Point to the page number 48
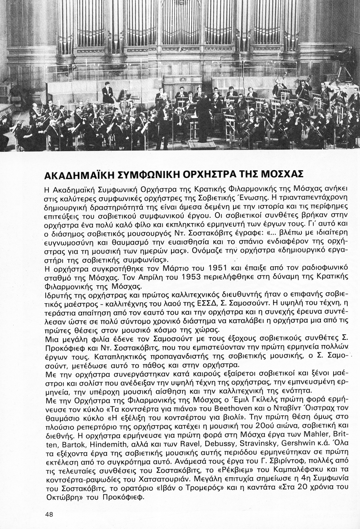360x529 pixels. [49, 514]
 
